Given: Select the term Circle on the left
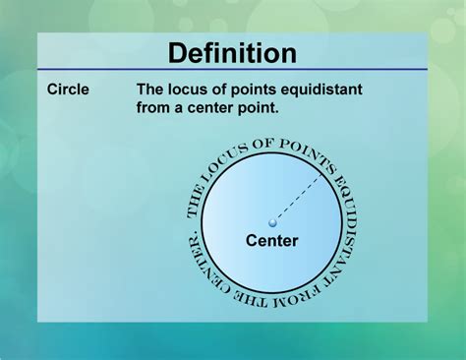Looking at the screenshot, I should pos(68,90).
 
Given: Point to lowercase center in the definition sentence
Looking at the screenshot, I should pos(209,108).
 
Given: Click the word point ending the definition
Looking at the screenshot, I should pos(259,108).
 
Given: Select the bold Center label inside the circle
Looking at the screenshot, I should pos(271,240).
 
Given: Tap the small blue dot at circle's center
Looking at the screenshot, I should pos(272,224).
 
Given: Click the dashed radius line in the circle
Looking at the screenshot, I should pos(297,200).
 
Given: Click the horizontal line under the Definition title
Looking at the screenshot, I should pos(232,70).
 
